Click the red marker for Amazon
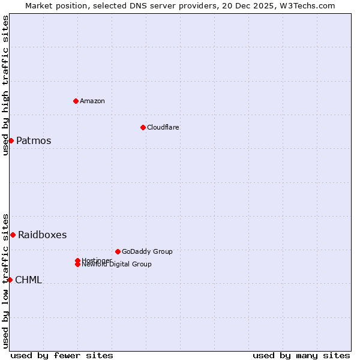pyautogui.click(x=76, y=101)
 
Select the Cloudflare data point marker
pyautogui.click(x=143, y=127)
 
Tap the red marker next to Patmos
pyautogui.click(x=11, y=140)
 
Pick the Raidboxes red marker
pyautogui.click(x=13, y=235)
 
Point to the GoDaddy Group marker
pyautogui.click(x=118, y=251)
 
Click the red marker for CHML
pyautogui.click(x=10, y=280)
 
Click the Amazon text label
pyautogui.click(x=92, y=101)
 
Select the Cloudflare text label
pyautogui.click(x=163, y=127)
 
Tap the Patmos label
pyautogui.click(x=34, y=141)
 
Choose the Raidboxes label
pyautogui.click(x=42, y=235)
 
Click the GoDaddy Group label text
pyautogui.click(x=147, y=251)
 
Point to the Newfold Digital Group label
pyautogui.click(x=117, y=265)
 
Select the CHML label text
pyautogui.click(x=28, y=280)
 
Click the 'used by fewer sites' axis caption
pyautogui.click(x=62, y=355)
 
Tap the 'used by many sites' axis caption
pyautogui.click(x=301, y=355)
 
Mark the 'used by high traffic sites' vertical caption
pyautogui.click(x=5, y=85)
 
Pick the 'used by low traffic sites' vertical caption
pyautogui.click(x=5, y=280)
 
